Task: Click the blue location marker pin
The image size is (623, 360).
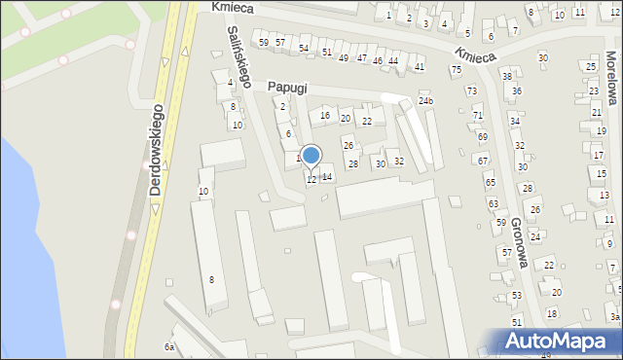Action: [x=311, y=156]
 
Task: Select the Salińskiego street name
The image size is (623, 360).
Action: [x=239, y=57]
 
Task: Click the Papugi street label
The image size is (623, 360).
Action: [x=288, y=88]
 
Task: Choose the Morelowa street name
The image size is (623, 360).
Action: [x=612, y=78]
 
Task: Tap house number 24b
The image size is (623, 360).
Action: [x=425, y=101]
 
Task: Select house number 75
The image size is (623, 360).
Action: [x=456, y=70]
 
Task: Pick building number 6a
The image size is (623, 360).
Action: [x=169, y=347]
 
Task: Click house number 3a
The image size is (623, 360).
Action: [x=614, y=317]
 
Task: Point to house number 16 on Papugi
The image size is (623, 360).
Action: [x=325, y=116]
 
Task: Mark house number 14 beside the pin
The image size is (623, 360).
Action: [x=327, y=177]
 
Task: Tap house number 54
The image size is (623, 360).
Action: [x=304, y=49]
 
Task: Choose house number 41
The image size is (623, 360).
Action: [x=420, y=67]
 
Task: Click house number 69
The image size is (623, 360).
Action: [x=483, y=137]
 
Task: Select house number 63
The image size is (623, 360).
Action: [x=494, y=203]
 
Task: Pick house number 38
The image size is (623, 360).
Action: [x=506, y=76]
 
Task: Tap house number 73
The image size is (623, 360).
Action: [x=472, y=90]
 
